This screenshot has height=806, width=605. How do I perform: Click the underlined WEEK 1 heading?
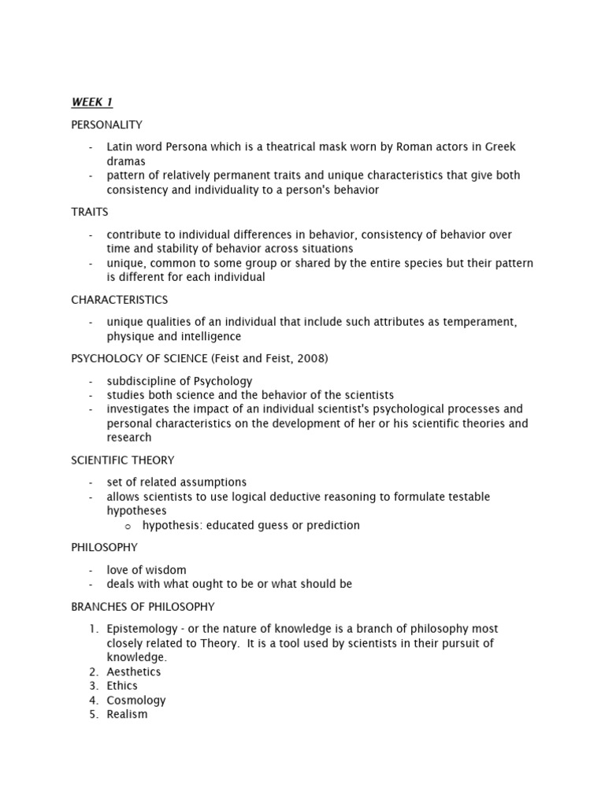(92, 102)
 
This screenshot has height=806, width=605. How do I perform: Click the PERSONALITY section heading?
(106, 124)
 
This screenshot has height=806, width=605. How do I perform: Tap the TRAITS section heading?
(90, 213)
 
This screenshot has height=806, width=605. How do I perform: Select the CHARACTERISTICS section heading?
(120, 300)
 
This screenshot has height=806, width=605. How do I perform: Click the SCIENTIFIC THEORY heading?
(123, 460)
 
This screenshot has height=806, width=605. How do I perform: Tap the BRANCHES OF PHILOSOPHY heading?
(143, 607)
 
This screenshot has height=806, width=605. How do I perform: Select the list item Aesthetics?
(134, 671)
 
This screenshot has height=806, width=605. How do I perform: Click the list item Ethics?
(122, 686)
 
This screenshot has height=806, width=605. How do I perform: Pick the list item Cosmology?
(136, 700)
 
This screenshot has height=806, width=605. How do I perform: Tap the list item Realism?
(127, 714)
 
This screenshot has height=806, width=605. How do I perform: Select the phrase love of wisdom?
(147, 570)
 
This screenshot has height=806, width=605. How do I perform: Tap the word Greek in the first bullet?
(499, 147)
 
